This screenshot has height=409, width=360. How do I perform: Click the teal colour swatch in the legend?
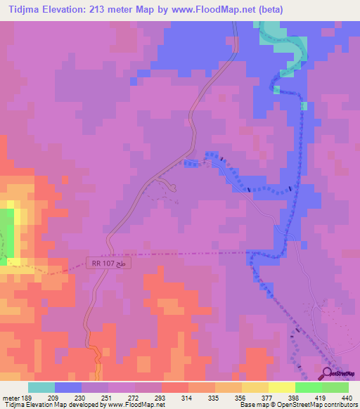(x=41, y=387)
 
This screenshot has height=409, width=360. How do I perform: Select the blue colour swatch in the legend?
(x=68, y=387)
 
